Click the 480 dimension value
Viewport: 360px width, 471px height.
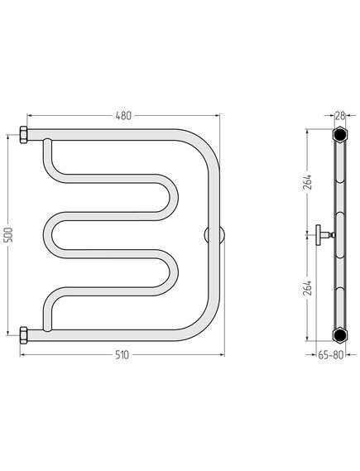[123, 116]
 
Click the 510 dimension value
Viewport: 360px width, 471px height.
[122, 355]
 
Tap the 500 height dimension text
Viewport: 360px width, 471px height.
[9, 235]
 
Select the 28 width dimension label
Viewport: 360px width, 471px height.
[340, 115]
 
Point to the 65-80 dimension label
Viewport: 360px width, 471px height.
[330, 355]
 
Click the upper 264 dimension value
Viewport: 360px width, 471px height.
[308, 182]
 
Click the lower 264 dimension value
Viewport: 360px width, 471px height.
[308, 288]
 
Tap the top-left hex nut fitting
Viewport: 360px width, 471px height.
[23, 135]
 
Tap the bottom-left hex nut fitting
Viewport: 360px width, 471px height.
[23, 335]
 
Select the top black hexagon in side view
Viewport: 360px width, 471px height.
[340, 135]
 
